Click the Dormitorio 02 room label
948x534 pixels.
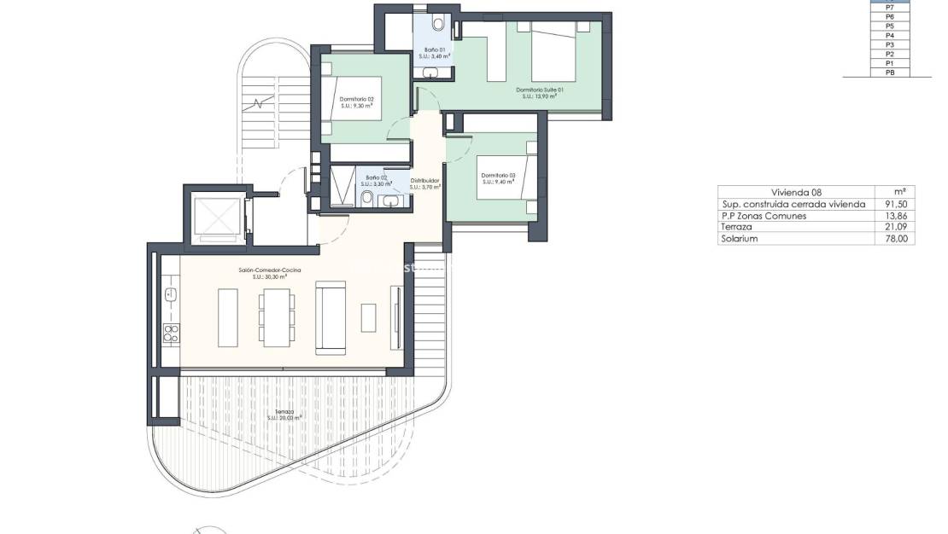point(357,102)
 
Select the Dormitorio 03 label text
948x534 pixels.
point(495,177)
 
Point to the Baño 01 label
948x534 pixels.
point(435,54)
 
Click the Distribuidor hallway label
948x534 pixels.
point(424,183)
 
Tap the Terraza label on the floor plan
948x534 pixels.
point(284,414)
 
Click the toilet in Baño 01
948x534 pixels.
point(438,24)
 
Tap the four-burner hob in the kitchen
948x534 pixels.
point(171,333)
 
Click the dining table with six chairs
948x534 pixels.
point(276,317)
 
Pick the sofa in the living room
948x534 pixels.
point(331,317)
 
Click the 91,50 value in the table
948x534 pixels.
point(898,204)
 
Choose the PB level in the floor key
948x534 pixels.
point(889,73)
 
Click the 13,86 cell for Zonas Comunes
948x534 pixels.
point(898,216)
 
